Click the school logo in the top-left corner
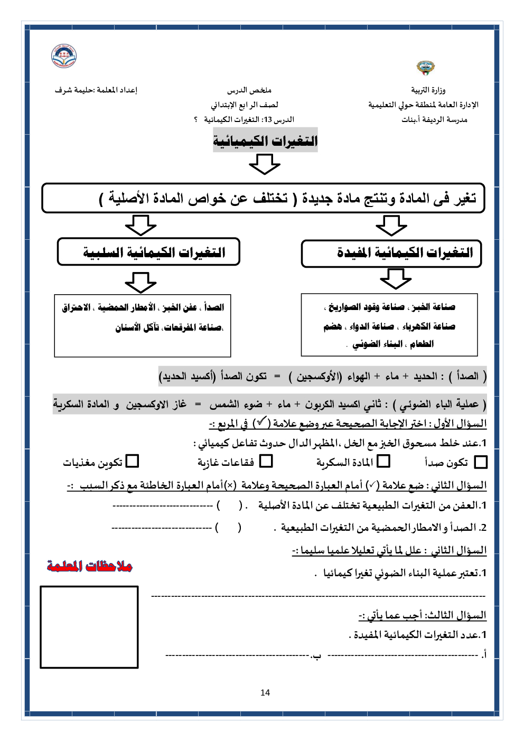tap(64, 56)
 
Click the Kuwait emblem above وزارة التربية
tap(425, 68)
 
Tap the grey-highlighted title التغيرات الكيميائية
tap(265, 141)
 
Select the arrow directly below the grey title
tap(264, 164)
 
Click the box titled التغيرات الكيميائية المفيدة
tap(391, 254)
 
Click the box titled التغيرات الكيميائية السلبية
tap(148, 252)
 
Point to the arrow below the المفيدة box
tap(396, 278)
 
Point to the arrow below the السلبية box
tap(141, 282)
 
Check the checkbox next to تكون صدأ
tap(481, 462)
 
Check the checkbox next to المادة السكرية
tap(384, 462)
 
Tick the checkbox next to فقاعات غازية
tap(266, 462)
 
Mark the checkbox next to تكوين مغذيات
tap(133, 462)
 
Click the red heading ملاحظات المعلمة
tap(90, 566)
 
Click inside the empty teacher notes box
tap(89, 627)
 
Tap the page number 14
tap(265, 692)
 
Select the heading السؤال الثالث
tap(455, 615)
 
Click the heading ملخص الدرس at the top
tap(249, 90)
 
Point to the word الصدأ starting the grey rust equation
tap(467, 376)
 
